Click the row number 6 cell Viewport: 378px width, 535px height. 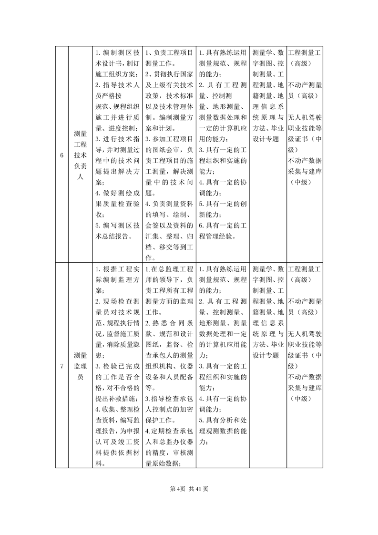(61, 155)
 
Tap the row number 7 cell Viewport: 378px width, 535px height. (61, 366)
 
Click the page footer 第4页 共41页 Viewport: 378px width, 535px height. (189, 489)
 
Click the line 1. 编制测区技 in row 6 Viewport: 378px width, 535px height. (117, 52)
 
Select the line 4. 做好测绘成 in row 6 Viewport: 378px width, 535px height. (117, 193)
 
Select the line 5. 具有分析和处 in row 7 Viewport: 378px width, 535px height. (222, 420)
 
